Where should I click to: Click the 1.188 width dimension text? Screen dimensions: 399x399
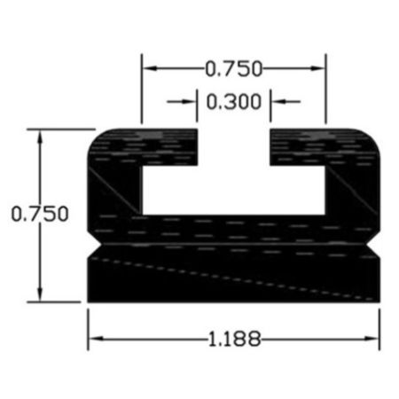(235, 339)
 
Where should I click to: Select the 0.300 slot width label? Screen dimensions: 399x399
(234, 102)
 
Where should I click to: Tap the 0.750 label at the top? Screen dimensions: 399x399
(234, 68)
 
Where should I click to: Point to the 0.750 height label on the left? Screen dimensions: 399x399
(40, 214)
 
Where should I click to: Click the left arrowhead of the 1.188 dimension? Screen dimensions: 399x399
(96, 339)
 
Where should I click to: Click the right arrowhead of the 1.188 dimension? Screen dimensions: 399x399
(372, 339)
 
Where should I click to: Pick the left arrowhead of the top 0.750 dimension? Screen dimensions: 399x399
(150, 68)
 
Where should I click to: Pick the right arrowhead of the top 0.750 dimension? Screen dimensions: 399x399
(317, 68)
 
